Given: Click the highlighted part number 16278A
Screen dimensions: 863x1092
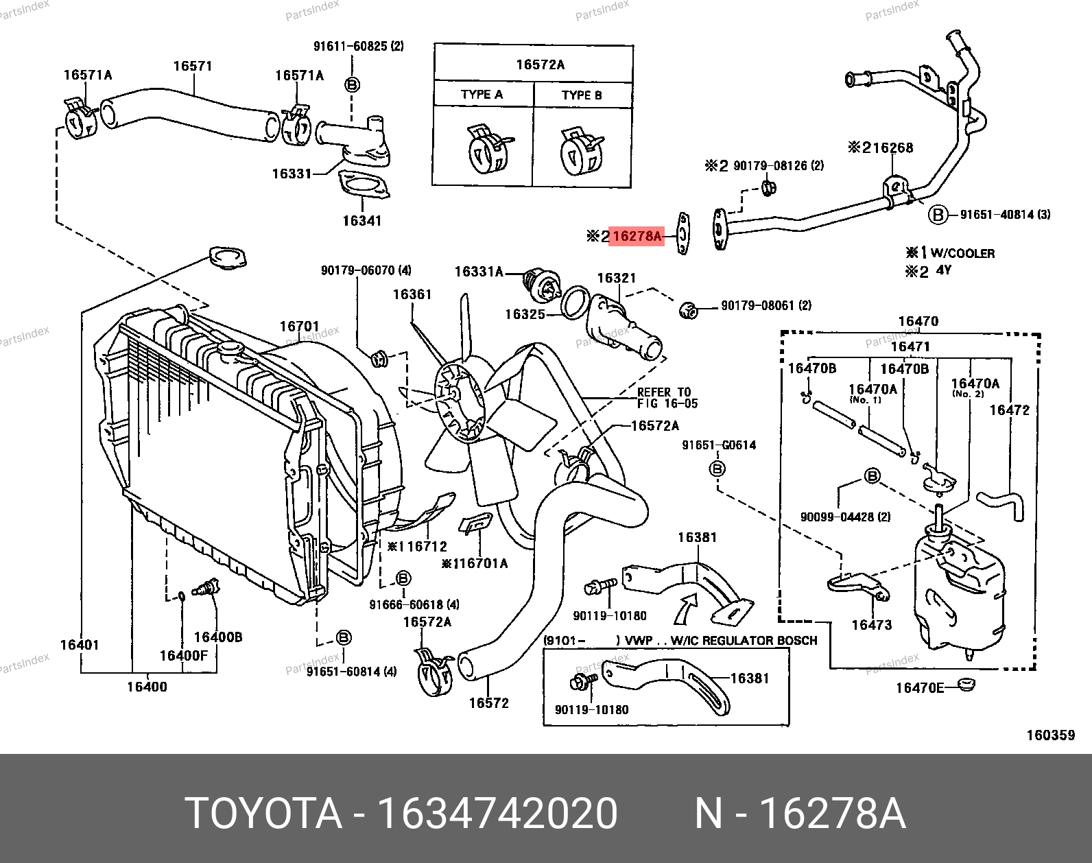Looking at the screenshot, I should tap(637, 236).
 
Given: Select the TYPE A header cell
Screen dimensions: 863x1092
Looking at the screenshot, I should tap(482, 95).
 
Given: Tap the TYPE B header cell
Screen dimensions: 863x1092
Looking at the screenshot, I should tap(582, 95).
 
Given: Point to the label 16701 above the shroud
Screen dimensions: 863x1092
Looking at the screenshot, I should tap(299, 326).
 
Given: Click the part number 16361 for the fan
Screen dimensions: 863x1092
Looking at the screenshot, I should tap(412, 294).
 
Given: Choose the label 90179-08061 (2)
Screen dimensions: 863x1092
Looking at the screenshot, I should tap(765, 305).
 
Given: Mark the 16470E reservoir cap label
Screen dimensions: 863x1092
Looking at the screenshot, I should tap(919, 687).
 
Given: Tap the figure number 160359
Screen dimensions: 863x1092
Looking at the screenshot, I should tap(1050, 735).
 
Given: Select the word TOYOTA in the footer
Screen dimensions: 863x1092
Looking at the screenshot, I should tap(263, 814).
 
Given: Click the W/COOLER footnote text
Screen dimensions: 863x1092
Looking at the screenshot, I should tap(962, 253).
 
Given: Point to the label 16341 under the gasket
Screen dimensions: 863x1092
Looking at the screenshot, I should tap(361, 220).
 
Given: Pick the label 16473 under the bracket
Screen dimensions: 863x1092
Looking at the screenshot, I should tap(871, 624).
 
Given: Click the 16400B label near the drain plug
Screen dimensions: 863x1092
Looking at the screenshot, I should tap(218, 637).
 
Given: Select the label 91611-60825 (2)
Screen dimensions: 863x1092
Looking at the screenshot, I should tap(358, 46).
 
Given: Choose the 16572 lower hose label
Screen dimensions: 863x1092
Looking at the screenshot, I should tap(488, 702).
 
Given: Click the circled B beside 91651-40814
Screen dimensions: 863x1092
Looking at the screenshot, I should tap(938, 215).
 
